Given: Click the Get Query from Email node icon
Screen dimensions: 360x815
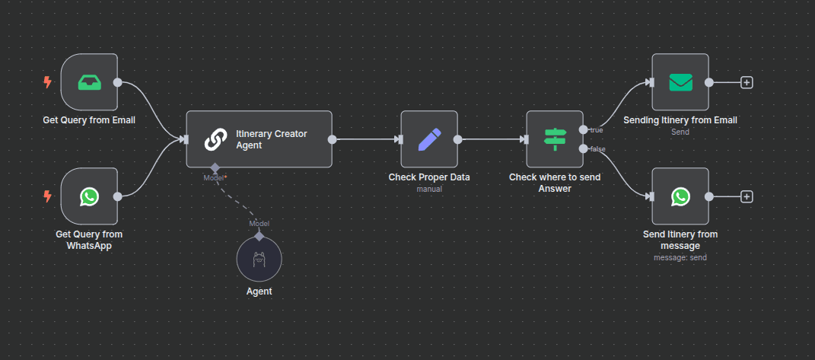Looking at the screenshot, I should (x=89, y=82).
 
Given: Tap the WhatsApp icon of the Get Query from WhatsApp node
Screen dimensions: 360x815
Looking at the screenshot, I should (x=89, y=196).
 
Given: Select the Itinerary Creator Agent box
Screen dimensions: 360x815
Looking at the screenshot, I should (x=259, y=139).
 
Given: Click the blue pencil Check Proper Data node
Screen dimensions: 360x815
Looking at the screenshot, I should (x=429, y=139).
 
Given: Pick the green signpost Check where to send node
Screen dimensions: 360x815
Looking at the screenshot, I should (x=555, y=139).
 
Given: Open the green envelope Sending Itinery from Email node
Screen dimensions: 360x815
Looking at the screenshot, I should (x=680, y=82).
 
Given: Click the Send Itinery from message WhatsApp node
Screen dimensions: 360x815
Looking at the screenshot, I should (x=680, y=196).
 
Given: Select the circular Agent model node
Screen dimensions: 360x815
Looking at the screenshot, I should (x=259, y=259).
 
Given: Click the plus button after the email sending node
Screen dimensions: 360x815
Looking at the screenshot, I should (x=747, y=82).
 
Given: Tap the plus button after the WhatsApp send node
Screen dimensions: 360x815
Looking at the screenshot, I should (x=747, y=196).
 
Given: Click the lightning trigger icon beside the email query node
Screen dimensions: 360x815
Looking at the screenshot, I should (x=48, y=82).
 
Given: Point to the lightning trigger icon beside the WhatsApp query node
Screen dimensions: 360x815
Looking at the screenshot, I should (x=48, y=196).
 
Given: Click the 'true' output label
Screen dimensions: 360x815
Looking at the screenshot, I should (x=597, y=130).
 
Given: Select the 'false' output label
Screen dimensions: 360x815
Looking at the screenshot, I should (x=598, y=148).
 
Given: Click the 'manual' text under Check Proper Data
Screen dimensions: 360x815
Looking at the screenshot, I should (x=429, y=189).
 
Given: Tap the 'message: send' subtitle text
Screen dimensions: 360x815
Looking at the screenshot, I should (x=680, y=257).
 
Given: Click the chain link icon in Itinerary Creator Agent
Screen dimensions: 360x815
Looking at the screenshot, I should (x=216, y=139).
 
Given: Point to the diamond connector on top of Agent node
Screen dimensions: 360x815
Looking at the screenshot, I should (x=259, y=236).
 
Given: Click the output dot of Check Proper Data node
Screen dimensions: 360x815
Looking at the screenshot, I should (x=458, y=139).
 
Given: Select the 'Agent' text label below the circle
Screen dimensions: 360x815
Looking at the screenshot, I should (x=259, y=291).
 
